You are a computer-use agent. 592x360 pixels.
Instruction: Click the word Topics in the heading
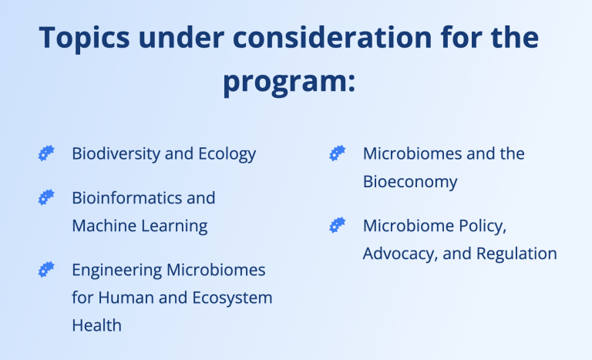[x=84, y=39]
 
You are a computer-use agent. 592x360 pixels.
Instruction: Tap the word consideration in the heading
[x=332, y=37]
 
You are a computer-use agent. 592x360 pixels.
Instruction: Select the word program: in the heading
[x=289, y=82]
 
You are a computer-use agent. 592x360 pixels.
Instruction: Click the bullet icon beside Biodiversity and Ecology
[x=46, y=153]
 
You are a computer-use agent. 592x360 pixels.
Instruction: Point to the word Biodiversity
[x=116, y=153]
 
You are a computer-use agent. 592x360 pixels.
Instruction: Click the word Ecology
[x=227, y=154]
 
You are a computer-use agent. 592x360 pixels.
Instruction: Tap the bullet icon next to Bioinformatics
[x=46, y=197]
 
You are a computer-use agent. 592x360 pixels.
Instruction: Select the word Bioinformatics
[x=127, y=198]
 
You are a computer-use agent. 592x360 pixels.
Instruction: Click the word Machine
[x=104, y=226]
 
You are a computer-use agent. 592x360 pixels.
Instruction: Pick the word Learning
[x=174, y=227]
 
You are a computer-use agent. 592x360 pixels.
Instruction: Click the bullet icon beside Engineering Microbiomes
[x=46, y=270]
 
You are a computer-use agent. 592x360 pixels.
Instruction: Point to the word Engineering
[x=116, y=271]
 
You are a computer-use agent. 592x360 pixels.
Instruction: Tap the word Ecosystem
[x=232, y=298]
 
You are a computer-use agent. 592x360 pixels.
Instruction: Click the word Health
[x=96, y=325]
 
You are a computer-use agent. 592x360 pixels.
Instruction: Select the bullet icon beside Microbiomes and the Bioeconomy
[x=337, y=153]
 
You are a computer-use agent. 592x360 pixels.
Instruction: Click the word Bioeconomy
[x=410, y=183]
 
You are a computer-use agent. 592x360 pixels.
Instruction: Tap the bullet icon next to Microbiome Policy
[x=337, y=225]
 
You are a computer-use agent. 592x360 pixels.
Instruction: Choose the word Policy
[x=483, y=227]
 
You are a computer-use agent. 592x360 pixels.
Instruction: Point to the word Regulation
[x=516, y=254]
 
